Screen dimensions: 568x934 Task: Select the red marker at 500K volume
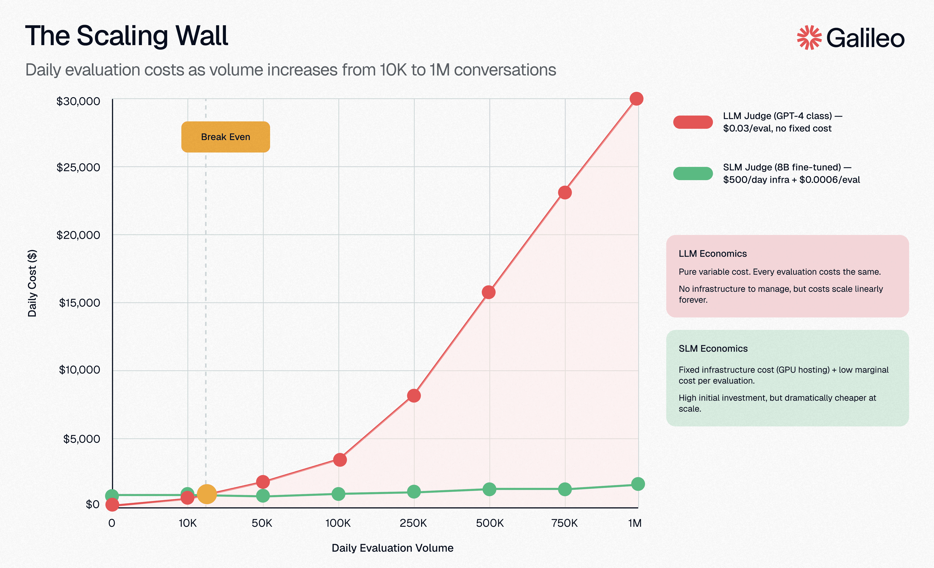[x=489, y=292]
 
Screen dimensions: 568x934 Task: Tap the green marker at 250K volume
[x=413, y=492]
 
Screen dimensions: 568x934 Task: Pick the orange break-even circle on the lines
[x=207, y=494]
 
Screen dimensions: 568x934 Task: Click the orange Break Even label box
[x=226, y=137]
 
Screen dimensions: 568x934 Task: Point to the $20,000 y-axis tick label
[x=78, y=235]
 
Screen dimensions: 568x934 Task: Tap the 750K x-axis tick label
[x=564, y=523]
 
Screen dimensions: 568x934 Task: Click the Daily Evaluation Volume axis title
[x=392, y=548]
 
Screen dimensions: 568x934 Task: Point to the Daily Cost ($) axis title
[x=32, y=283]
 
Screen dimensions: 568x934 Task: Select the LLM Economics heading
[x=713, y=253]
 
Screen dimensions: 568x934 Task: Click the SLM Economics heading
[x=713, y=349]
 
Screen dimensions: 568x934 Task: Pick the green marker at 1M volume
[x=638, y=484]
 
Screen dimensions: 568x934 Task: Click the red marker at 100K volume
[x=340, y=460]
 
